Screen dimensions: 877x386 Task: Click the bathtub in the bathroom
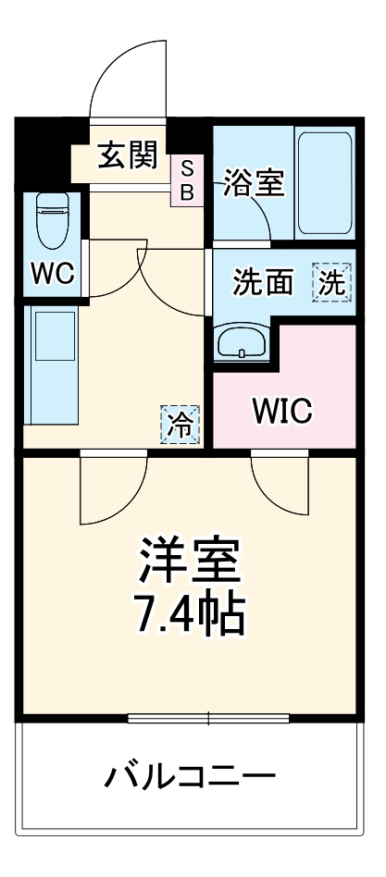coord(324,181)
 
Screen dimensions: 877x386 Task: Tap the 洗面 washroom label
coord(262,283)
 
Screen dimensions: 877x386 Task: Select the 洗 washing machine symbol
coord(331,282)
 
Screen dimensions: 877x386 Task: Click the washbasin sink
coord(242,343)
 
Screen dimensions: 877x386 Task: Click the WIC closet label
coord(283,411)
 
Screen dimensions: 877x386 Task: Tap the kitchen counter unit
coord(52,364)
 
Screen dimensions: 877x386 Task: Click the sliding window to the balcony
coord(209,717)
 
